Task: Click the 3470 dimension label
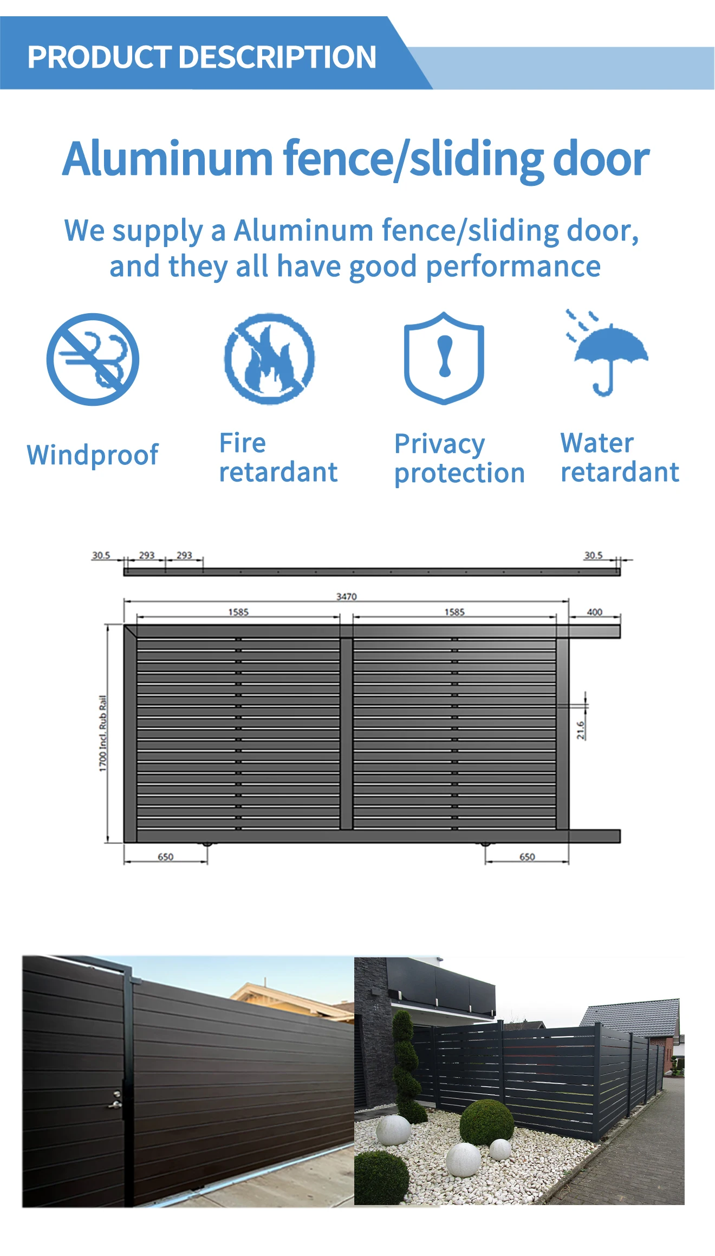click(346, 597)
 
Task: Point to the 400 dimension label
click(594, 612)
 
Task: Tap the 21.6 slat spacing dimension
click(580, 730)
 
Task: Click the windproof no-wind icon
click(93, 359)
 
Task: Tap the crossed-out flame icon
click(269, 358)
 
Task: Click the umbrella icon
click(609, 355)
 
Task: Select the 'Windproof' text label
click(93, 455)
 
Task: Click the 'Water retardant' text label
click(619, 457)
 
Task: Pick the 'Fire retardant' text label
click(278, 457)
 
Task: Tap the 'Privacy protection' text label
click(459, 458)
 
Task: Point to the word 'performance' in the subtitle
click(513, 267)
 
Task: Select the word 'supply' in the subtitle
click(158, 231)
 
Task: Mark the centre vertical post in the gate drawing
click(347, 734)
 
